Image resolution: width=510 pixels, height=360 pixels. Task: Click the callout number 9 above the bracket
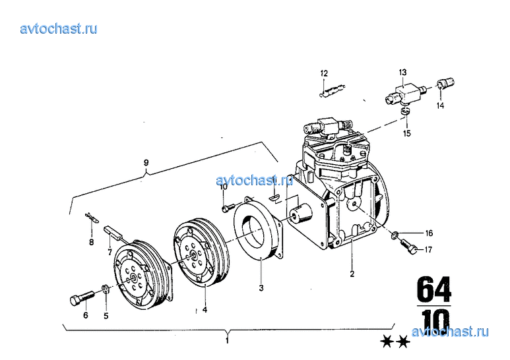click(146, 162)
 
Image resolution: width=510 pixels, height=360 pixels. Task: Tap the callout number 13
click(402, 72)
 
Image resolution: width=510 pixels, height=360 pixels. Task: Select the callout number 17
click(428, 249)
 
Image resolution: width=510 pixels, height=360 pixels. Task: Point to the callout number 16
click(429, 233)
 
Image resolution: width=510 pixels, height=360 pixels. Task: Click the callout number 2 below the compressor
click(352, 274)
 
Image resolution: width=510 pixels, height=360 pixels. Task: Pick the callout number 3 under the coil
click(261, 288)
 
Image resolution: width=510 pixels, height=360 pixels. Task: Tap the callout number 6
click(86, 315)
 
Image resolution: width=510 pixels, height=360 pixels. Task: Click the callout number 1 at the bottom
click(228, 341)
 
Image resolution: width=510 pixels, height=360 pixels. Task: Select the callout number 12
click(324, 73)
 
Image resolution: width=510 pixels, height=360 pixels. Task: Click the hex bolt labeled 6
click(81, 297)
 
